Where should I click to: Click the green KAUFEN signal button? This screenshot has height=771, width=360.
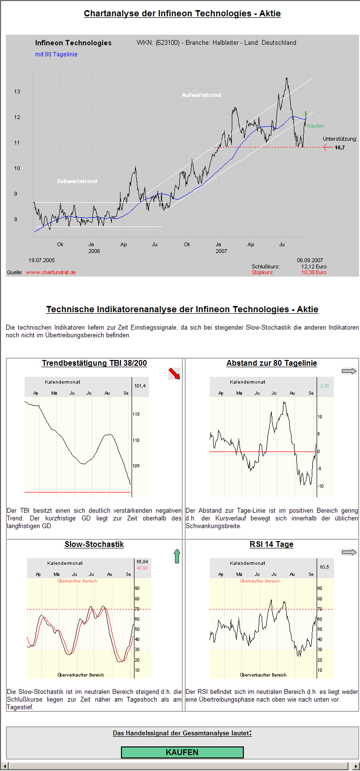pos(182,752)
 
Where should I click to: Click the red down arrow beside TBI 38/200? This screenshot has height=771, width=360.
pos(174,373)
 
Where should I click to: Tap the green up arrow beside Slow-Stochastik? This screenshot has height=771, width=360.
pos(177,556)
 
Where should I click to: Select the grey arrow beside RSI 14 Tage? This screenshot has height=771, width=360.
pos(349,552)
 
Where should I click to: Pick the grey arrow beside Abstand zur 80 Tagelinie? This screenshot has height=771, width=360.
pos(349,371)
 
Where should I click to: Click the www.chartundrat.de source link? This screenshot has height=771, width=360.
pos(51,272)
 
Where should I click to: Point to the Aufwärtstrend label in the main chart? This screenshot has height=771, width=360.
pos(201,95)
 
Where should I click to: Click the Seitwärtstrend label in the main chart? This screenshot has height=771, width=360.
pos(77,181)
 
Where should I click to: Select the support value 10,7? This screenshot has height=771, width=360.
pos(340,147)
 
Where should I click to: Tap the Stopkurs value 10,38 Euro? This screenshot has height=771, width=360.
pos(314,272)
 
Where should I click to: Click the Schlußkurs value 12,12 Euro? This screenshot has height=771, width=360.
pos(314,266)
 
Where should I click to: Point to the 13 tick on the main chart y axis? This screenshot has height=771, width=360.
pos(17,92)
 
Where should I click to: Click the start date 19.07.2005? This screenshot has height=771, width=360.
pos(41,260)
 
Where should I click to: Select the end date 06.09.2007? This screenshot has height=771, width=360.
pos(310,260)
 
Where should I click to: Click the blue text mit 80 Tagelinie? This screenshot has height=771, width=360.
pos(56,54)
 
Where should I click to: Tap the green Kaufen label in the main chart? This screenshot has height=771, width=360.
pos(316,126)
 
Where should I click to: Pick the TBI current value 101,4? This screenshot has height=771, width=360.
pos(140,386)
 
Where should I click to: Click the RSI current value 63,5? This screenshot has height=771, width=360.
pos(324,567)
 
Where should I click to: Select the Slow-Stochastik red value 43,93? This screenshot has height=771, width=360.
pos(142,568)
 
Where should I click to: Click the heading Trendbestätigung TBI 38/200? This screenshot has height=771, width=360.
pos(94,363)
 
